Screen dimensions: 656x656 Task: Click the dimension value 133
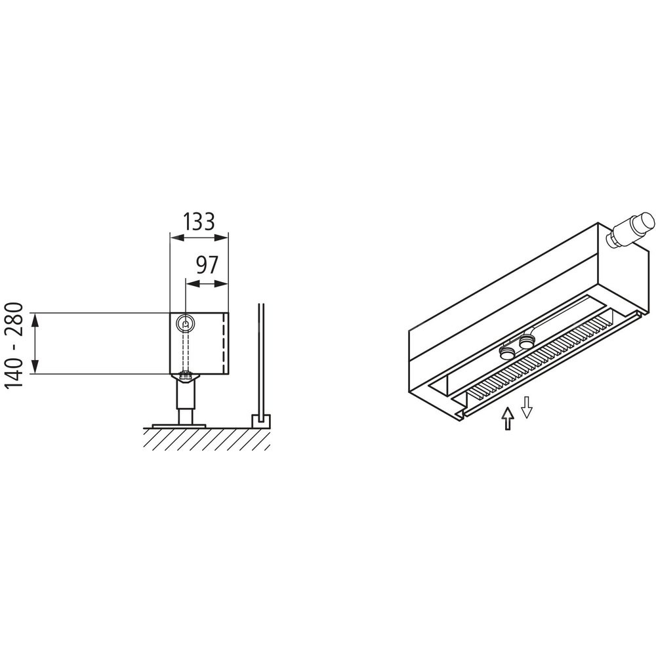pos(199,222)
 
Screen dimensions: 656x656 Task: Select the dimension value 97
pos(207,265)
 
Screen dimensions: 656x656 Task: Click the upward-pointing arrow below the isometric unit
pos(508,419)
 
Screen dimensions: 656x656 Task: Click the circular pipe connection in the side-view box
pos(185,322)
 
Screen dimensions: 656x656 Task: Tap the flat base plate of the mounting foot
pos(179,426)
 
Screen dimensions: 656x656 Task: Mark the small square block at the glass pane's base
pos(260,421)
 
